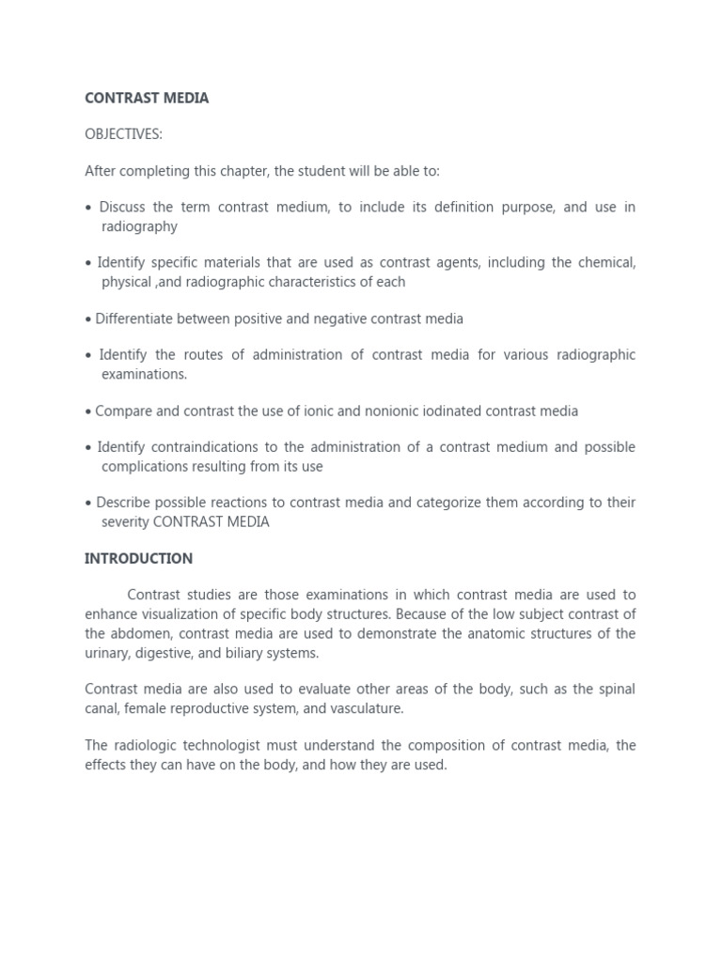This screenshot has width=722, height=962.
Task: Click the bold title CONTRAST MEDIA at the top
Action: [147, 98]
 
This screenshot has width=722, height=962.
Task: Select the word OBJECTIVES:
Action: [123, 134]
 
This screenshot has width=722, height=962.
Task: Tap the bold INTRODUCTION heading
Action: [138, 558]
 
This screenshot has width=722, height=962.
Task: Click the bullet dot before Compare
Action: [88, 411]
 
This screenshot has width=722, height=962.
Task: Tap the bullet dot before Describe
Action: [88, 504]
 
